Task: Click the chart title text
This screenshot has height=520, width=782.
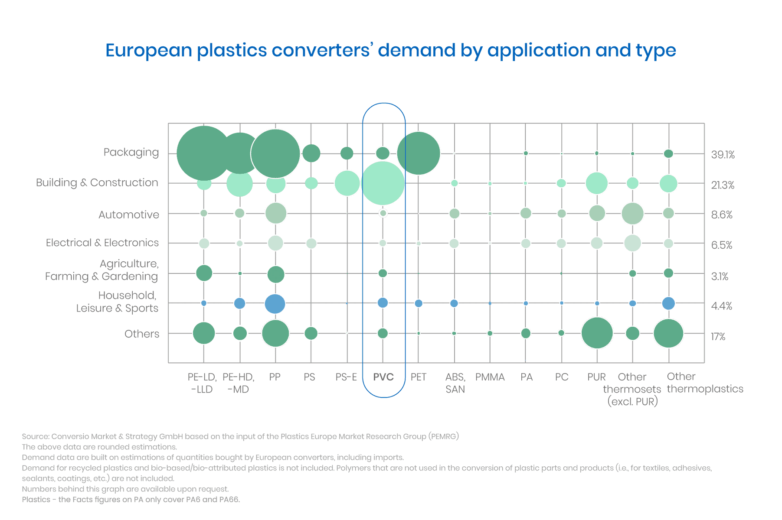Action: pos(390,50)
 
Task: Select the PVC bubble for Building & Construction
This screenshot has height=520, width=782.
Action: pos(383,183)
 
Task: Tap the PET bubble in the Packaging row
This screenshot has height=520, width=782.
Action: pos(418,153)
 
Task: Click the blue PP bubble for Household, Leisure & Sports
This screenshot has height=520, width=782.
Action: pos(275,303)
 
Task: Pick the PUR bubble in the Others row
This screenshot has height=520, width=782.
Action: pos(597,333)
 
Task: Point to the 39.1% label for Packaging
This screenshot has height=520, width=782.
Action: pos(723,155)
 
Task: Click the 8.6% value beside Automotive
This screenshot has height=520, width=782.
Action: pos(722,215)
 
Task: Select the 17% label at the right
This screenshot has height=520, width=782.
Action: pos(718,337)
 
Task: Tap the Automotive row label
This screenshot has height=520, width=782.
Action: pos(128,215)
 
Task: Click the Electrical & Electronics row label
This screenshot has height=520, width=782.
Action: pos(102,243)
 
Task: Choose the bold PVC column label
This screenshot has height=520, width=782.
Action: pos(383,377)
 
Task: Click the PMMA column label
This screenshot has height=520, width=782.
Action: pos(490,377)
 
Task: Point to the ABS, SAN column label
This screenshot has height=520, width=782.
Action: pos(455,383)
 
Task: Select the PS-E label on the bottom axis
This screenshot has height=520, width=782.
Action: pos(346,377)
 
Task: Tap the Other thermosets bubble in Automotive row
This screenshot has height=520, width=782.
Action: pos(632,213)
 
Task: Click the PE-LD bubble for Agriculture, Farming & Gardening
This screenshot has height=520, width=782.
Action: pos(204,273)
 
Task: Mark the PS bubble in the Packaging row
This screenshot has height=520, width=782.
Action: pos(311,153)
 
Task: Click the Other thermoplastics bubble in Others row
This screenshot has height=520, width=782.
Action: pos(668,333)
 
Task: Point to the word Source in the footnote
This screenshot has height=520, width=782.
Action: pos(35,436)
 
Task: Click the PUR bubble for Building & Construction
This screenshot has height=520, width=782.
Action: pos(597,183)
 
